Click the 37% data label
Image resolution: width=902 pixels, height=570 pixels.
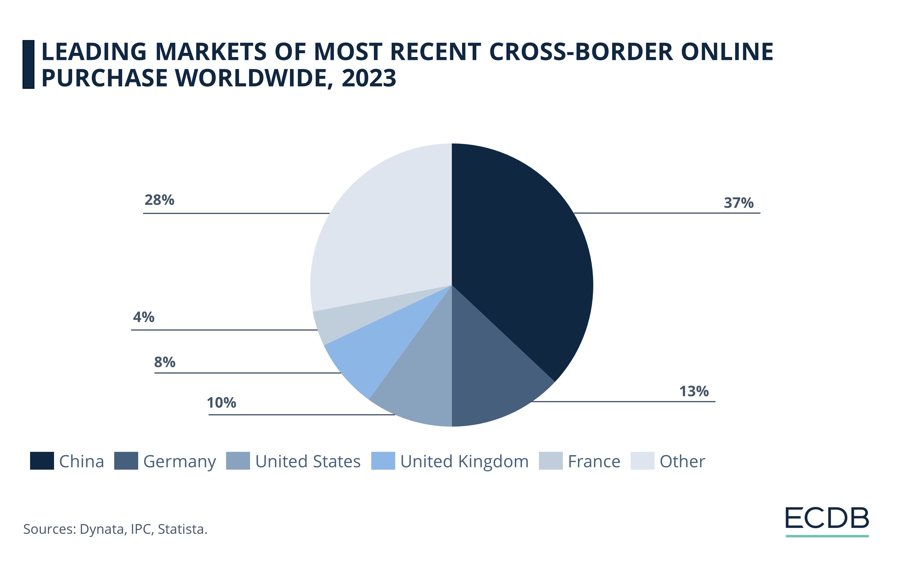[x=738, y=203]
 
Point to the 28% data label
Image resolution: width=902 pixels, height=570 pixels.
[x=159, y=200]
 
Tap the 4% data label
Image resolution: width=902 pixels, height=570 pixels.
[x=143, y=317]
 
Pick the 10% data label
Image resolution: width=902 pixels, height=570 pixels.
[x=221, y=403]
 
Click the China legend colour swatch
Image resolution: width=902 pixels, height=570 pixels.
[x=42, y=461]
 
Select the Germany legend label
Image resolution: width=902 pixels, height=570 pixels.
[x=179, y=462]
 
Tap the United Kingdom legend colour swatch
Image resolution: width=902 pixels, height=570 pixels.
[x=383, y=461]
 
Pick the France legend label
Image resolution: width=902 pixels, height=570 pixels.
[x=594, y=462]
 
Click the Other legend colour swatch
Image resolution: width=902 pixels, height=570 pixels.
[x=642, y=461]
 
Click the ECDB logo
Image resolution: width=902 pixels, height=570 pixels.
[x=827, y=519]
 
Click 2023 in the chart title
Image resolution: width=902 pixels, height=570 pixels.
[x=369, y=78]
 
